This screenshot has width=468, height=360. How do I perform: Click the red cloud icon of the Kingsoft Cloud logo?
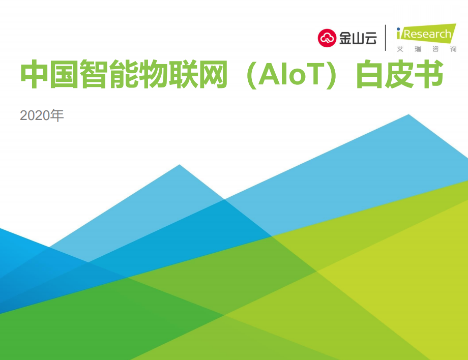[327, 38]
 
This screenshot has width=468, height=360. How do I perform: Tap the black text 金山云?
[358, 38]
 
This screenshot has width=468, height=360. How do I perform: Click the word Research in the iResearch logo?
[427, 34]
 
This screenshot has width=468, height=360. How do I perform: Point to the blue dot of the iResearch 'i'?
[398, 29]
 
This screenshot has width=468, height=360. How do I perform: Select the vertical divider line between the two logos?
[386, 38]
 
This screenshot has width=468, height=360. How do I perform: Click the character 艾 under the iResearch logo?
[400, 49]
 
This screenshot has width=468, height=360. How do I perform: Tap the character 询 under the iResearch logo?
[453, 49]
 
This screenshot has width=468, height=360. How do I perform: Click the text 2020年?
[42, 115]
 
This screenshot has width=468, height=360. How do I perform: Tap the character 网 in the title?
[213, 74]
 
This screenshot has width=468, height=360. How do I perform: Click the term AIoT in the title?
[291, 74]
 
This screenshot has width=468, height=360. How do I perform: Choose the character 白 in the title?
[370, 74]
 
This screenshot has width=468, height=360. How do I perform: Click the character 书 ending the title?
[429, 74]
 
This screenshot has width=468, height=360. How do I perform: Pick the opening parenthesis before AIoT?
[251, 75]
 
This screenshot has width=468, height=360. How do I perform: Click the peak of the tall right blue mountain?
[408, 114]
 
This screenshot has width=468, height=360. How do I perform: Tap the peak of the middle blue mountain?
[180, 165]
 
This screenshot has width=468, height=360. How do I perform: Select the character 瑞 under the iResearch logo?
[418, 49]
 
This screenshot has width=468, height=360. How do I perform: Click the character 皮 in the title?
[399, 74]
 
